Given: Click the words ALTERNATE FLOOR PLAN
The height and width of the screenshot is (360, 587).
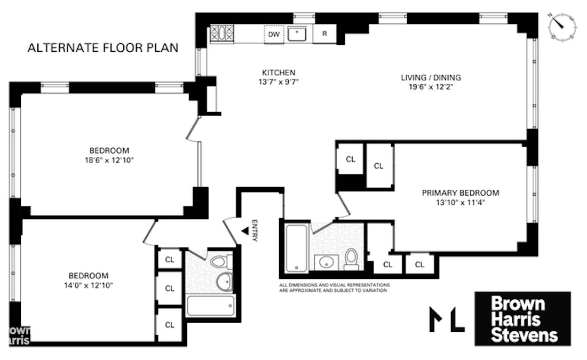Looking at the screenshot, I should coord(102,48).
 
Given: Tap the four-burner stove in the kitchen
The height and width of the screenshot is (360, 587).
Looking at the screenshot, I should coord(220,34).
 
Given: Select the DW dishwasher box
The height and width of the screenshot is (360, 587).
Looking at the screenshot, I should coord(274,34).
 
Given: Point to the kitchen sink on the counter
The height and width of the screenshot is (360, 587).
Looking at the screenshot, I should coord(297,34).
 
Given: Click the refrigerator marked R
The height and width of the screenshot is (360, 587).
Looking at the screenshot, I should coord(324,34).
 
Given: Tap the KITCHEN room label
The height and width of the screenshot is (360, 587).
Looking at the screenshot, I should coord(278,73).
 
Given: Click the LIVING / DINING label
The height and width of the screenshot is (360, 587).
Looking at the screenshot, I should coord(431,78).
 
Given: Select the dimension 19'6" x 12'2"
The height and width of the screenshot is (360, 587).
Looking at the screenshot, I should coord(431,87).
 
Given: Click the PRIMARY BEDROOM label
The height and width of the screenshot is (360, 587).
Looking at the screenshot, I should coord(461,193).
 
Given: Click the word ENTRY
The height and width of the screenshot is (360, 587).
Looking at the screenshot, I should coord(255,231).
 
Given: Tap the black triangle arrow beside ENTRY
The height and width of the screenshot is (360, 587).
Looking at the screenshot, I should coord(244,231).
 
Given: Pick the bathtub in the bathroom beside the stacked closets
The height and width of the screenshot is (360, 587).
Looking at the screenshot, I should coord(210,306).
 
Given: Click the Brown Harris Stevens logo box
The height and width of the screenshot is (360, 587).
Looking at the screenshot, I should coord(522,318).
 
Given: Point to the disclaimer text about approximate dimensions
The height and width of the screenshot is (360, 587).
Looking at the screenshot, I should coord(334,288).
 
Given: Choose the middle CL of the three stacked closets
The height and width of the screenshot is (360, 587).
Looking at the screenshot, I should coord(170,289).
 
